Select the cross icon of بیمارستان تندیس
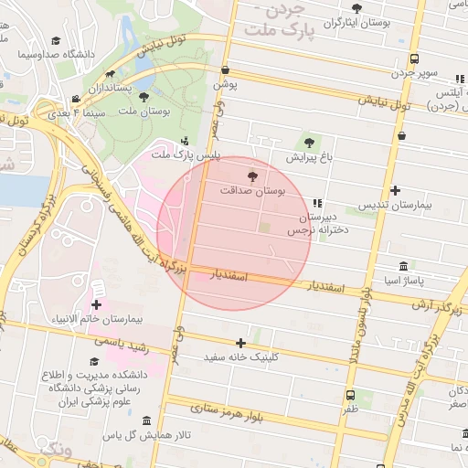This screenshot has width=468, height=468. [395, 190]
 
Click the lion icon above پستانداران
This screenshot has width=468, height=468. [111, 74]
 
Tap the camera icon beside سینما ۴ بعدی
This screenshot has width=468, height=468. [75, 100]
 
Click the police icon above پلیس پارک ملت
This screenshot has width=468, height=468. [186, 141]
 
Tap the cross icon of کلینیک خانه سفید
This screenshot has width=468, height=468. [240, 342]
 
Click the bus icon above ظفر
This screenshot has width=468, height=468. [351, 395]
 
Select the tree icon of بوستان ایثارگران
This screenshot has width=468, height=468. [356, 8]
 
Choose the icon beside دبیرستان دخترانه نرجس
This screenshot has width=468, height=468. [317, 203]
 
